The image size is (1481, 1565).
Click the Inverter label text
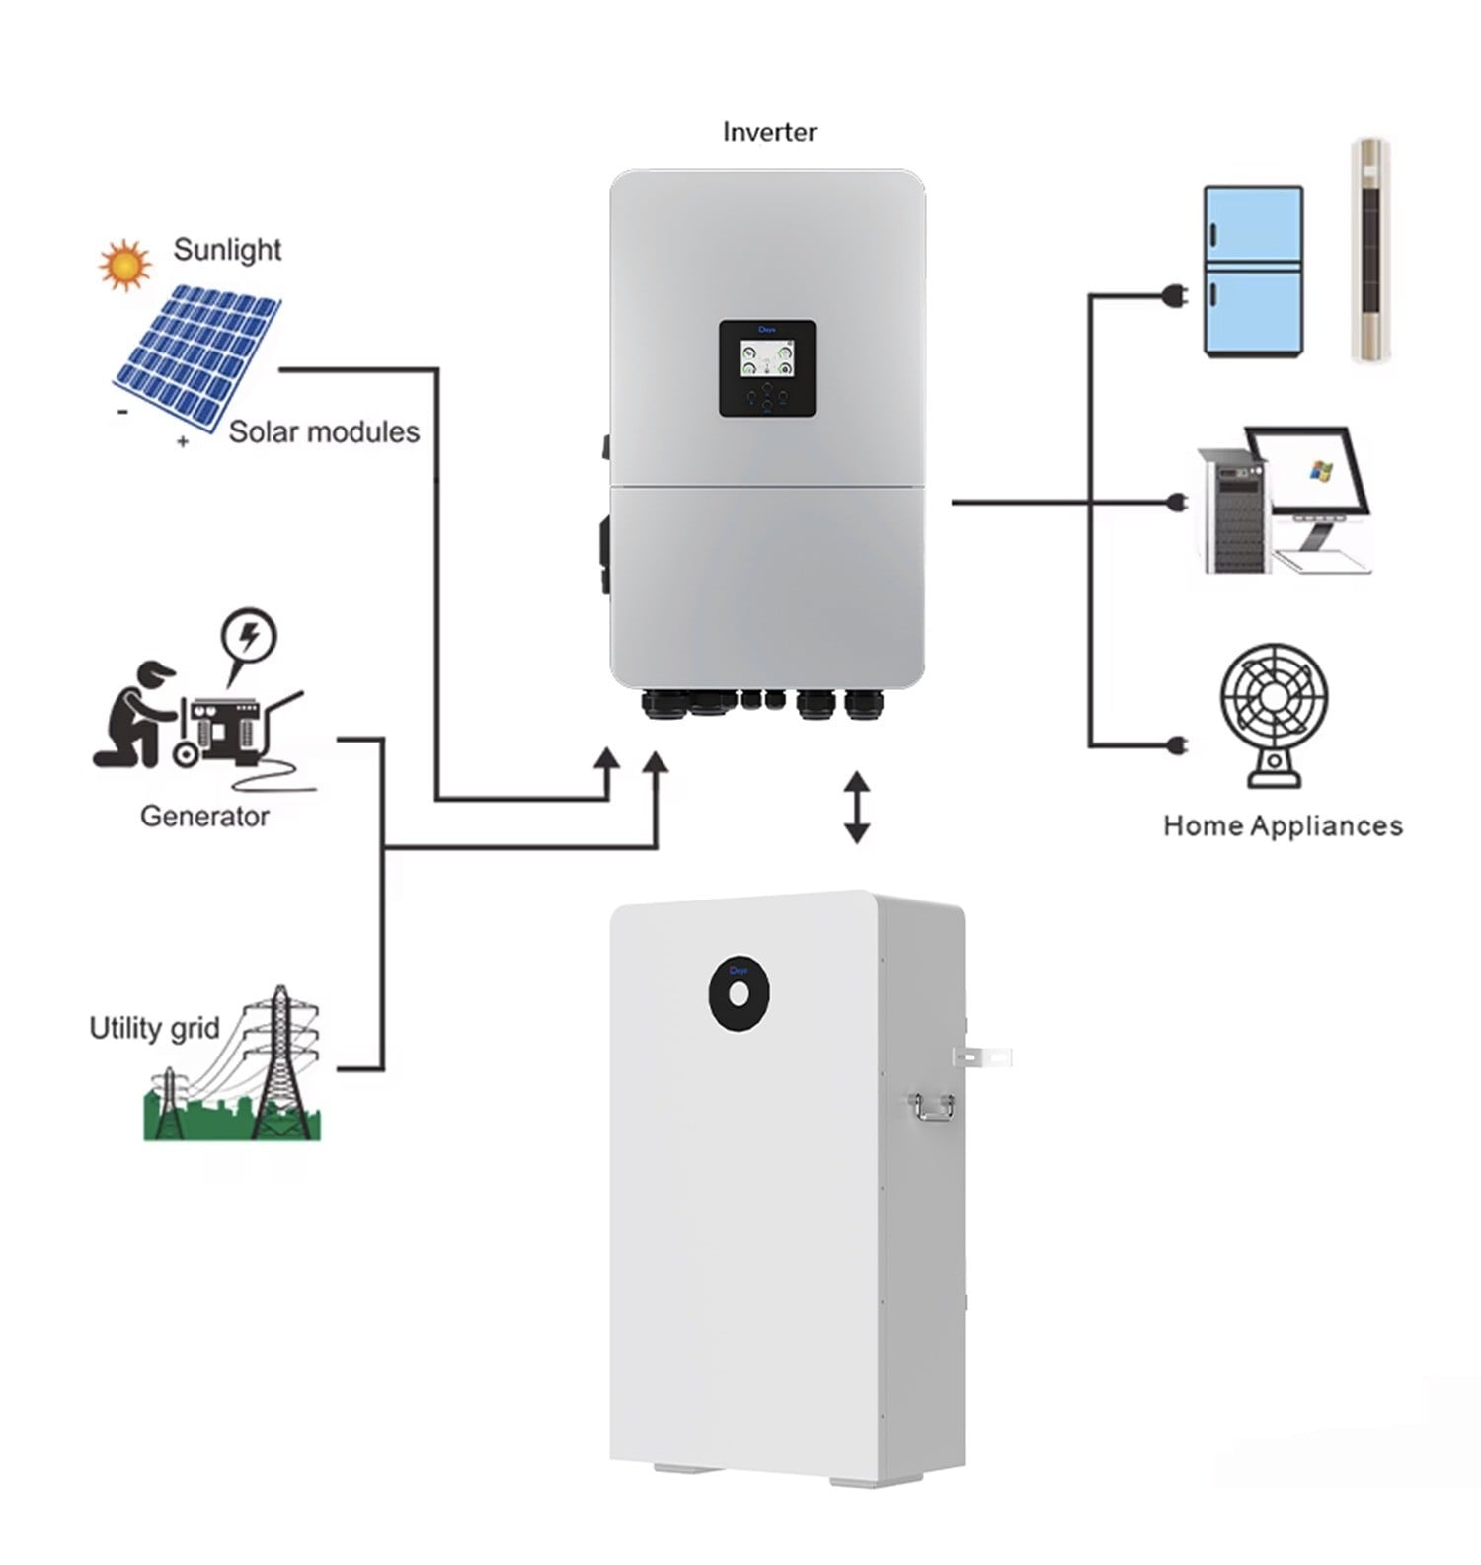769,132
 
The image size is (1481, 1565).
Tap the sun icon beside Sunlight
124,265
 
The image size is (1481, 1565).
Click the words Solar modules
324,431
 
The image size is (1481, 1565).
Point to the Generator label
204,817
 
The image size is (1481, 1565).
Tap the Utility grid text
154,1028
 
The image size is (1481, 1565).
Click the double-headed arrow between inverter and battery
856,807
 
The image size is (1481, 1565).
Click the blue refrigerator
1253,271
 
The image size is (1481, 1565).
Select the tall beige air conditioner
1369,251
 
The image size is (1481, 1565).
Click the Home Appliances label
1283,825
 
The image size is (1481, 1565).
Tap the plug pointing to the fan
1176,744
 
